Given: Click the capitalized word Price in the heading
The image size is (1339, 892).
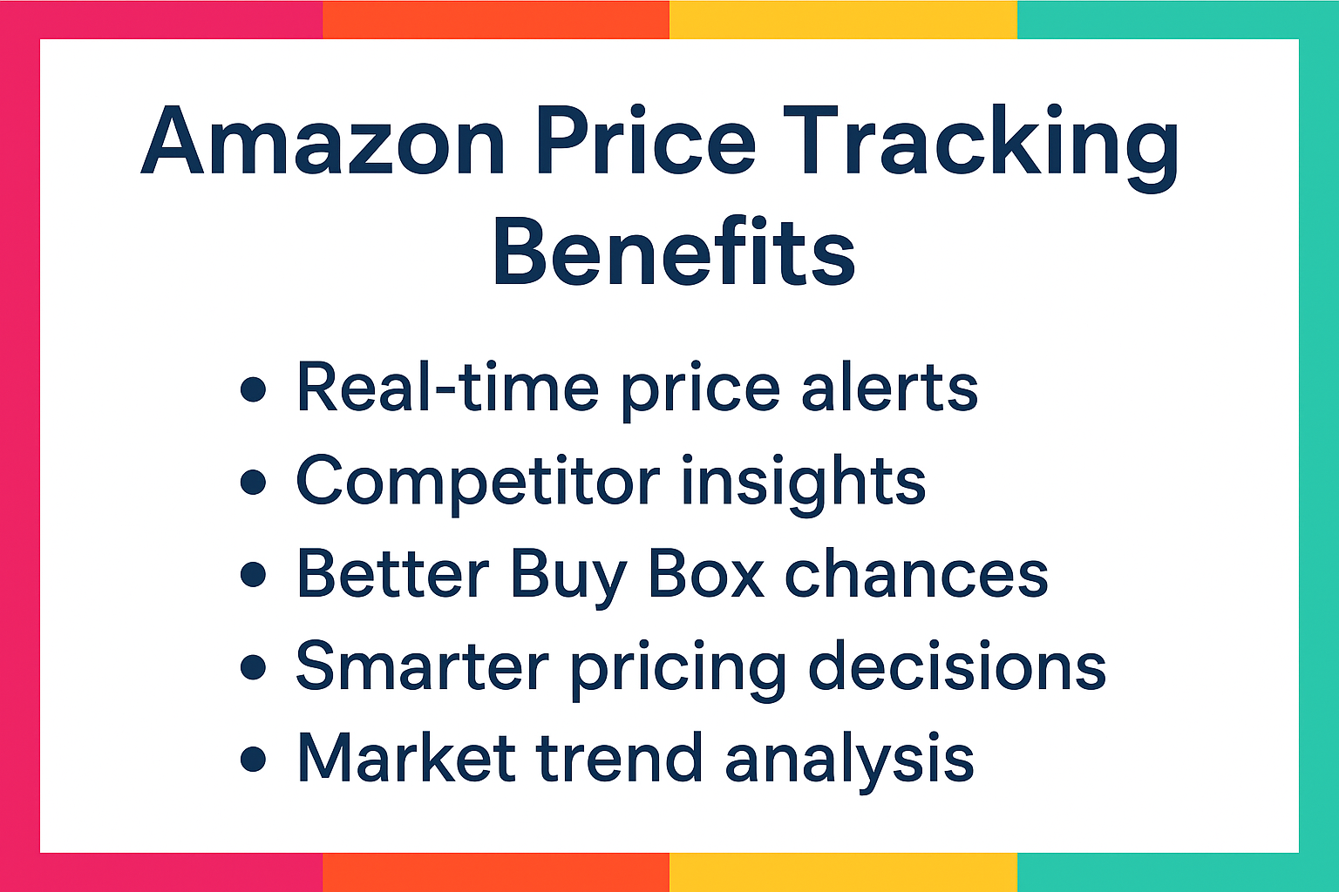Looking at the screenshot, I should point(646,141).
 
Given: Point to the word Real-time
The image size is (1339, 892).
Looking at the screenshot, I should point(447,387).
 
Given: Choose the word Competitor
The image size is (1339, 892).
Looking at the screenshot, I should point(478,482).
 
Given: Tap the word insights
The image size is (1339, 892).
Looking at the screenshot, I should point(803,482).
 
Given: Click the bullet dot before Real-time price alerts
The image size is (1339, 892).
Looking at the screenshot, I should point(253,389).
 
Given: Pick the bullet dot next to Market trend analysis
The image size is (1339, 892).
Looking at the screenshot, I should point(253,759).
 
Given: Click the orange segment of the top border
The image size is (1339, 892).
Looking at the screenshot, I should point(495,19).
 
